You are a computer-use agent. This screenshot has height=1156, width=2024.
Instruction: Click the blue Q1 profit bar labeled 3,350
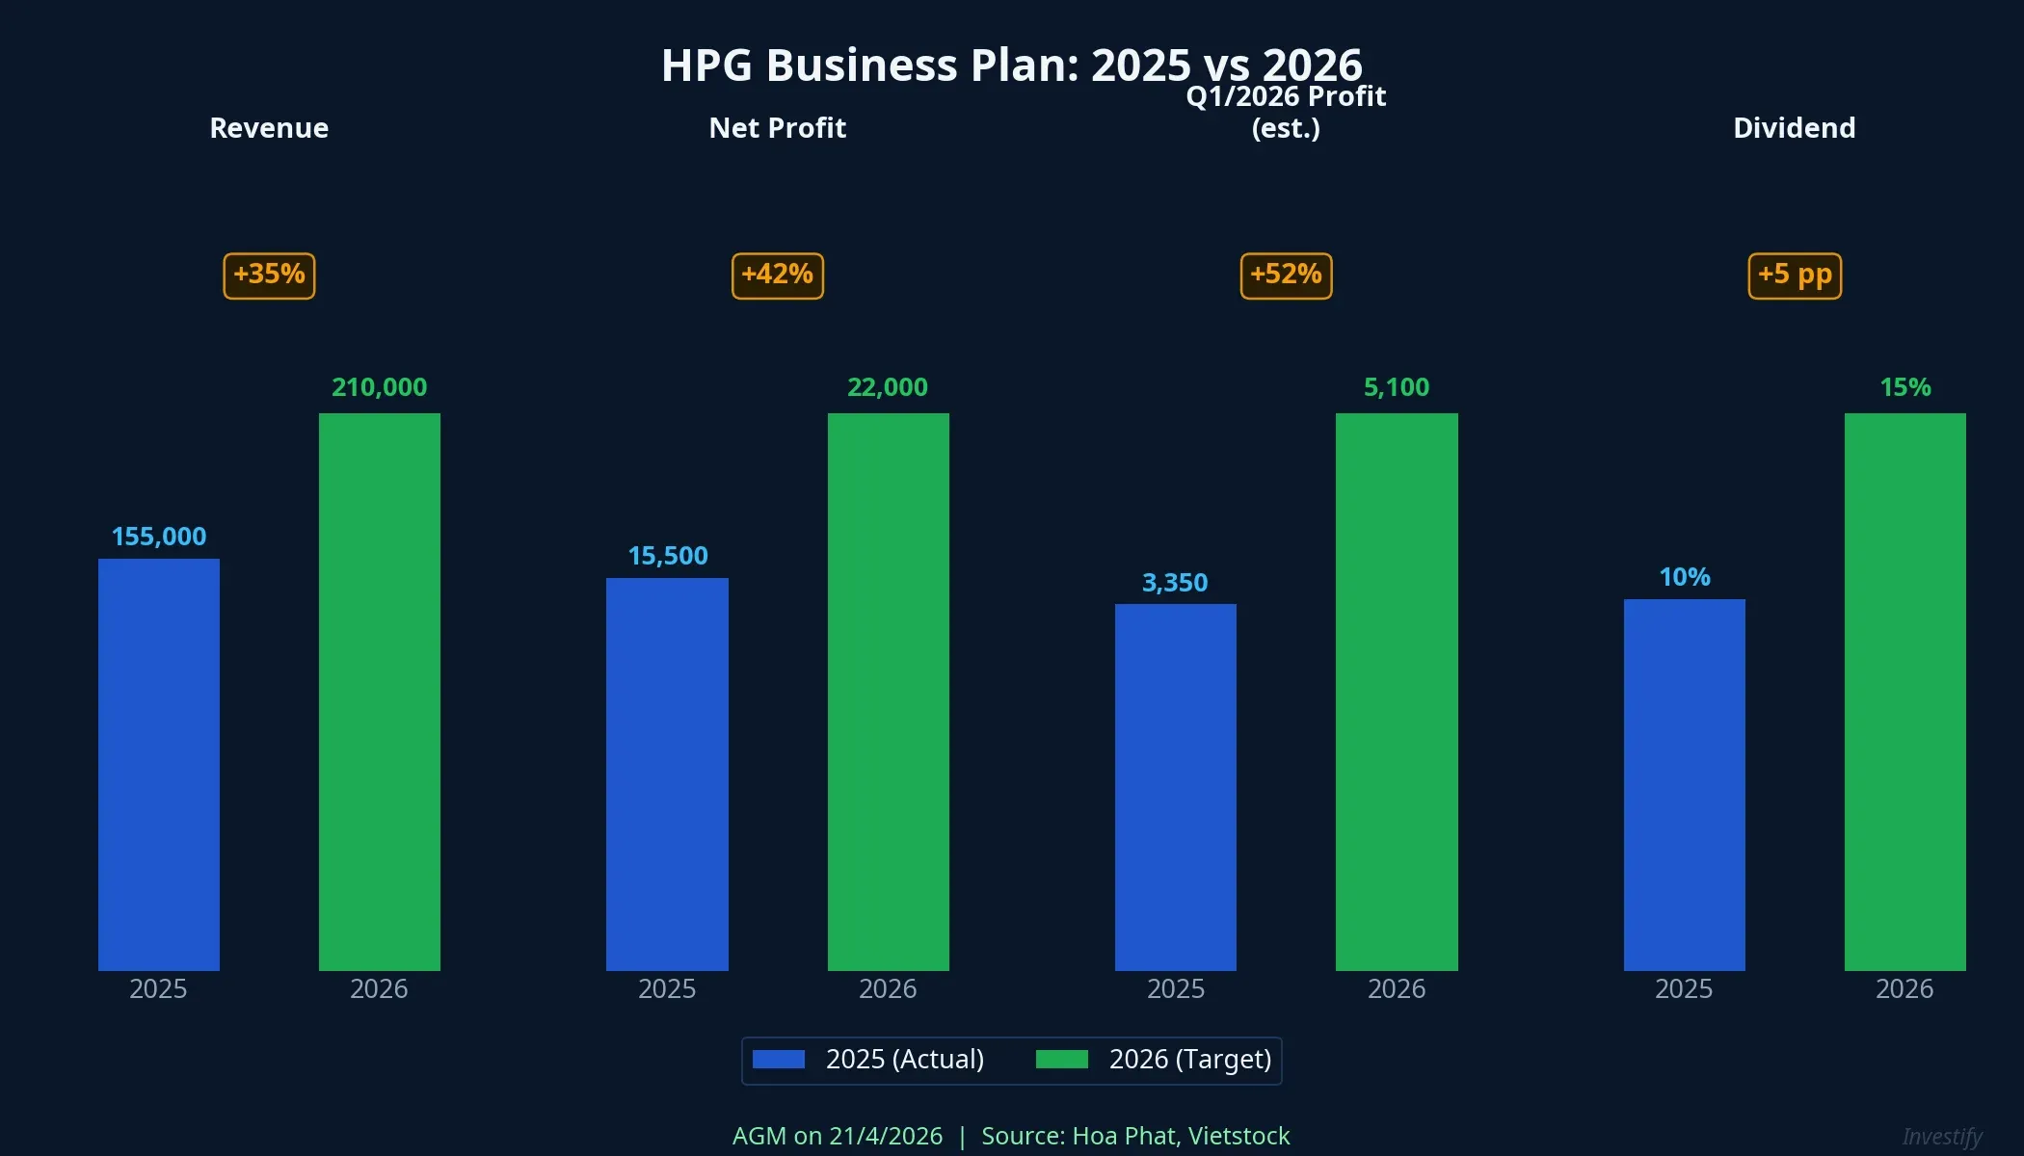pos(1176,787)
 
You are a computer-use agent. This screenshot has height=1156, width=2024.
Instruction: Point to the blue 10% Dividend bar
pos(1684,784)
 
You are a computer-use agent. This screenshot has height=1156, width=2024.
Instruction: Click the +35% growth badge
pos(269,276)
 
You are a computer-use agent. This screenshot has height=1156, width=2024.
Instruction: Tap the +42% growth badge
pos(778,276)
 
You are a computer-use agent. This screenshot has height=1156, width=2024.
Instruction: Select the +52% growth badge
pos(1286,276)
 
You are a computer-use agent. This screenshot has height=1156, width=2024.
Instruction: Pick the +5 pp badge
pos(1795,276)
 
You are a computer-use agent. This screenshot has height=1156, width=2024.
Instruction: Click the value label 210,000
pos(379,387)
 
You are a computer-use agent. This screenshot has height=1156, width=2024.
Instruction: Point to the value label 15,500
pos(668,556)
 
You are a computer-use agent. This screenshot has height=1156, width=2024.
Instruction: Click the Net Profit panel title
pos(777,128)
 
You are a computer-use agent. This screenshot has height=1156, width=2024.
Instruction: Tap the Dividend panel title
pos(1794,128)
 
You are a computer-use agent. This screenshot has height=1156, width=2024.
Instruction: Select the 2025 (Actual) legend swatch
pos(779,1060)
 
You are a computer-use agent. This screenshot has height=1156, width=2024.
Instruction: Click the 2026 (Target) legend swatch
pos(1061,1060)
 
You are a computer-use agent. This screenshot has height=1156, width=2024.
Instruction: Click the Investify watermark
pos(1942,1137)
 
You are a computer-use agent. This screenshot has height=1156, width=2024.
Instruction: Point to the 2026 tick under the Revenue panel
pos(379,989)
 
